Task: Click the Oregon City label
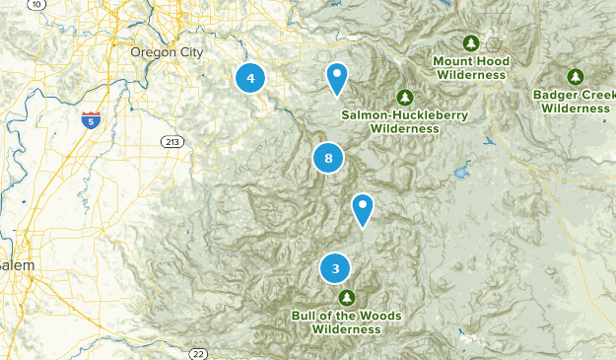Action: point(168,51)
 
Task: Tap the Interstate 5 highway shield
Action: point(91,121)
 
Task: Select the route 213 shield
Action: point(173,143)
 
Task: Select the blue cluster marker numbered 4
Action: point(250,77)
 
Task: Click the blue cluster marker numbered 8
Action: point(328,157)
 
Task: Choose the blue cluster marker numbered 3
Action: point(336,267)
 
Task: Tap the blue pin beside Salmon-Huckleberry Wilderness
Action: point(337,77)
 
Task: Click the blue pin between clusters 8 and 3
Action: point(364,208)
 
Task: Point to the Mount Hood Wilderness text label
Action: point(472,67)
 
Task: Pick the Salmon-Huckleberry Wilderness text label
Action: point(405,121)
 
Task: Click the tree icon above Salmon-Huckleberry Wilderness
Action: point(404,97)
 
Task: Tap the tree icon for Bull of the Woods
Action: point(346,297)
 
